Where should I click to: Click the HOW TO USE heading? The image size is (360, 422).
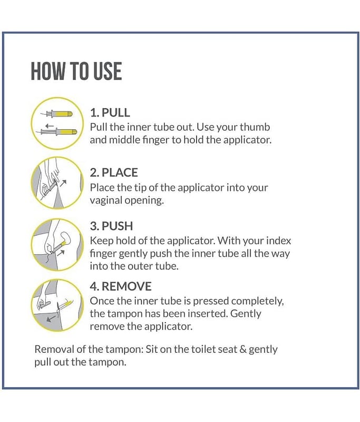pos(76,71)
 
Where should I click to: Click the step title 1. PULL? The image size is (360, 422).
pos(110,112)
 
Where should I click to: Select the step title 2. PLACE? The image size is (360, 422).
pos(114,172)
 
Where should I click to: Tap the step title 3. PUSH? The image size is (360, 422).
pos(111,226)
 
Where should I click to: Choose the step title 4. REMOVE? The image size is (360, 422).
pos(121,286)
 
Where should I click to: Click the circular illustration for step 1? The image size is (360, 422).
pos(57,123)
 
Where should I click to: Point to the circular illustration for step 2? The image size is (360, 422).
pos(57,183)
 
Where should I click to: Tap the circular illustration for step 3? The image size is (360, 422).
pos(57,245)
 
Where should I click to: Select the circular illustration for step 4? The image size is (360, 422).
pos(57,305)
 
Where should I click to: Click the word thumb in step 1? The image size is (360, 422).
pos(255,127)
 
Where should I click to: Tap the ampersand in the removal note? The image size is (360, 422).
pos(243,350)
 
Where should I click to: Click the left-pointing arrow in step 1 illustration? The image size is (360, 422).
pos(50,126)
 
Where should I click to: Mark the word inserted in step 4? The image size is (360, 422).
pos(209,314)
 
